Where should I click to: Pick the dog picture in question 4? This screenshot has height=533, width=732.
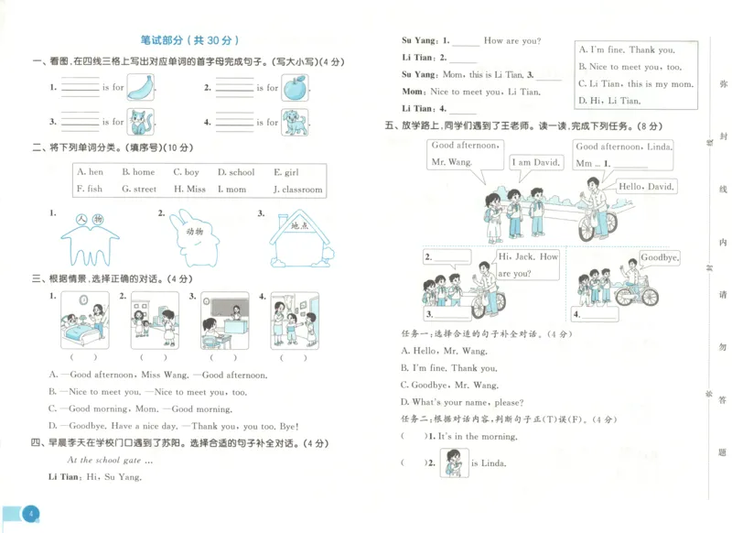click(x=295, y=121)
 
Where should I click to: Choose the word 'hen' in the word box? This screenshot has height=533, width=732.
click(x=91, y=172)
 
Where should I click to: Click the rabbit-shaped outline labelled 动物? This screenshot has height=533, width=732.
click(x=194, y=234)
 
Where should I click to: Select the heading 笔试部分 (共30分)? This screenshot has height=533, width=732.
click(x=189, y=40)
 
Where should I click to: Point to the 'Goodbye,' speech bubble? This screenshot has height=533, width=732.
click(x=659, y=258)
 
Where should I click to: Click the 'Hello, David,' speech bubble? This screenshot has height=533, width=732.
click(x=646, y=187)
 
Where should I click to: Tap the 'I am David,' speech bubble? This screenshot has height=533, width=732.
click(x=534, y=162)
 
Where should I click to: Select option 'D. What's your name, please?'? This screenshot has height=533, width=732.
click(x=462, y=402)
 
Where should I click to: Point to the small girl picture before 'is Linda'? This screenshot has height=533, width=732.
click(x=451, y=462)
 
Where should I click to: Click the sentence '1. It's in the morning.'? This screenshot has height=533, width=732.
click(x=477, y=437)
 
